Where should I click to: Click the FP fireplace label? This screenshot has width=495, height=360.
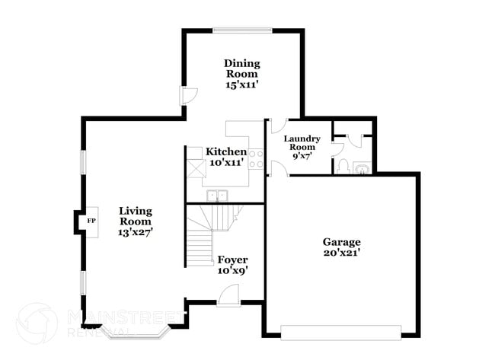coord(91,221)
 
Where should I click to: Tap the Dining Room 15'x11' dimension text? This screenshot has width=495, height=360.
coord(242,85)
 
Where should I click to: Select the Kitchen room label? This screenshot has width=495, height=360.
coord(226,151)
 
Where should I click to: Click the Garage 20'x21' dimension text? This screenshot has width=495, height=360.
coord(342,253)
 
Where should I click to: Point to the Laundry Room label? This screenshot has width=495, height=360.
coord(302,142)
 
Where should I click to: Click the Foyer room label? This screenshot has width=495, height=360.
coord(233,260)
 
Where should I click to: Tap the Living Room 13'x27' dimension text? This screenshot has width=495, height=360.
coord(136,232)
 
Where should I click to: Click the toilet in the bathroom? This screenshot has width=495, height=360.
coord(342,167)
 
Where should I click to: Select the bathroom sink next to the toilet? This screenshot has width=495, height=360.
coord(362,168)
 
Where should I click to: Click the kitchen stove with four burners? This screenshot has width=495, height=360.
coord(256,159)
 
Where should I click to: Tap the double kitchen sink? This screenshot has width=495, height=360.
coord(218,196)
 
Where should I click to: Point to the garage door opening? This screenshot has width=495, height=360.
coord(341,333)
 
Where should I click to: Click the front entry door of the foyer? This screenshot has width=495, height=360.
coord(229,295)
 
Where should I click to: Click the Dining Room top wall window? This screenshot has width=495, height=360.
coord(242,30)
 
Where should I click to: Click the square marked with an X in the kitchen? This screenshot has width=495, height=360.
coord(196,169)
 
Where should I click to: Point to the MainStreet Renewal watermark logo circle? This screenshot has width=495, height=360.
coord(37,323)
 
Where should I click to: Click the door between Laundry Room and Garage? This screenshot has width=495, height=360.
coord(278,168)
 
